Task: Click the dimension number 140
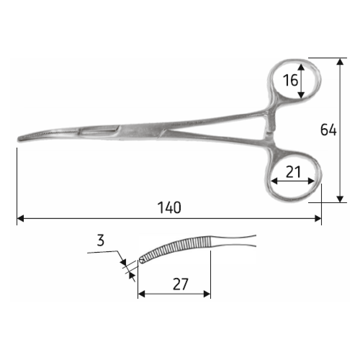point(169,208)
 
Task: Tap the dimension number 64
point(328,130)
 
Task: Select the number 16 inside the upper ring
point(290,80)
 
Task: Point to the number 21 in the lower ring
point(293,172)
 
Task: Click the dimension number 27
point(180,284)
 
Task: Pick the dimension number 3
point(100,240)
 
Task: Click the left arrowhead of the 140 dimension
point(21,219)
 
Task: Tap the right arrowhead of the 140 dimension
point(318,219)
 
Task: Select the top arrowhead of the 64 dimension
point(340,62)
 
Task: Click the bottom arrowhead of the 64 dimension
point(340,199)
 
